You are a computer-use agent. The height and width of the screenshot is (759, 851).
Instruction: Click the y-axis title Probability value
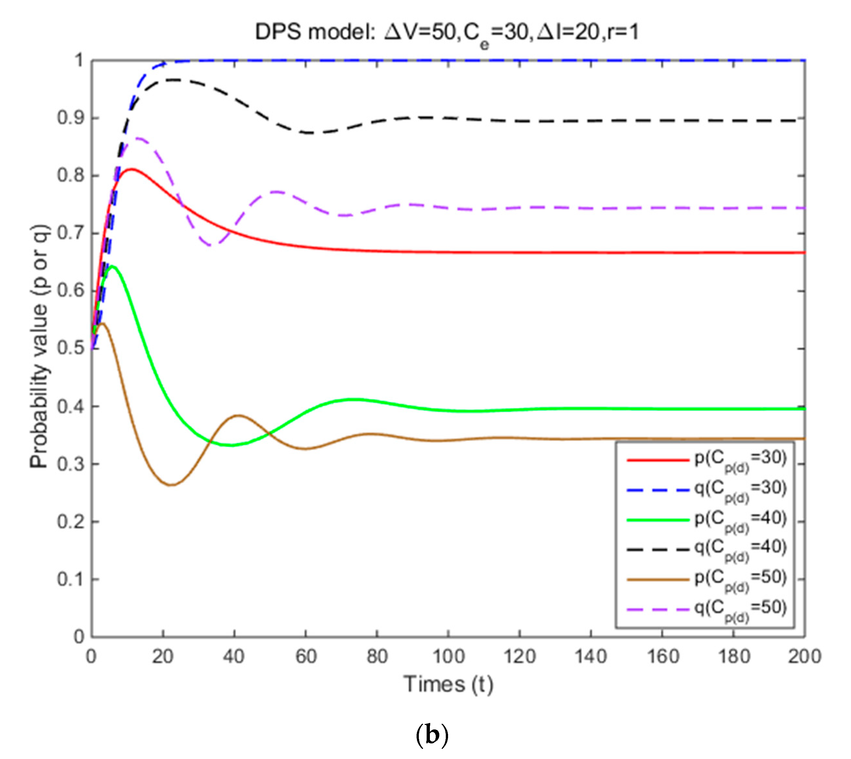click(x=40, y=347)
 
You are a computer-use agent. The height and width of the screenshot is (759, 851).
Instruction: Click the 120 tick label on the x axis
click(x=519, y=656)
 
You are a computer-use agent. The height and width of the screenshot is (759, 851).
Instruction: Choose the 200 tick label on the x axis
click(x=804, y=656)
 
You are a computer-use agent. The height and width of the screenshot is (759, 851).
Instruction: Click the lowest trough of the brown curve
click(x=171, y=485)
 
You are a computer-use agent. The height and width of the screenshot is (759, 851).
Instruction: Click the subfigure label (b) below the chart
click(x=432, y=736)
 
